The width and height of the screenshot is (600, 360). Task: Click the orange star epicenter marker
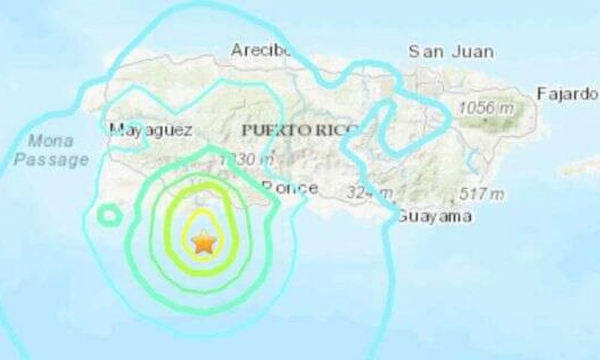(204, 242)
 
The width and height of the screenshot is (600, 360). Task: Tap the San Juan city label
(451, 52)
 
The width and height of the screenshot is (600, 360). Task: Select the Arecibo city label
(261, 50)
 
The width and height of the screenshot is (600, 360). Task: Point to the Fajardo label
(567, 94)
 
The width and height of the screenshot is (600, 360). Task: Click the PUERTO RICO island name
(300, 129)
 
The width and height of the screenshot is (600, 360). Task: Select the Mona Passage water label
(52, 151)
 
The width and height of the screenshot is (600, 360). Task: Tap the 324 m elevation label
(369, 193)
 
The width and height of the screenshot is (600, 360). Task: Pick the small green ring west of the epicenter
(109, 214)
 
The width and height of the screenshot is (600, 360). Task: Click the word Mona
(52, 142)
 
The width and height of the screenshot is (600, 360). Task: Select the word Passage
(52, 160)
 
